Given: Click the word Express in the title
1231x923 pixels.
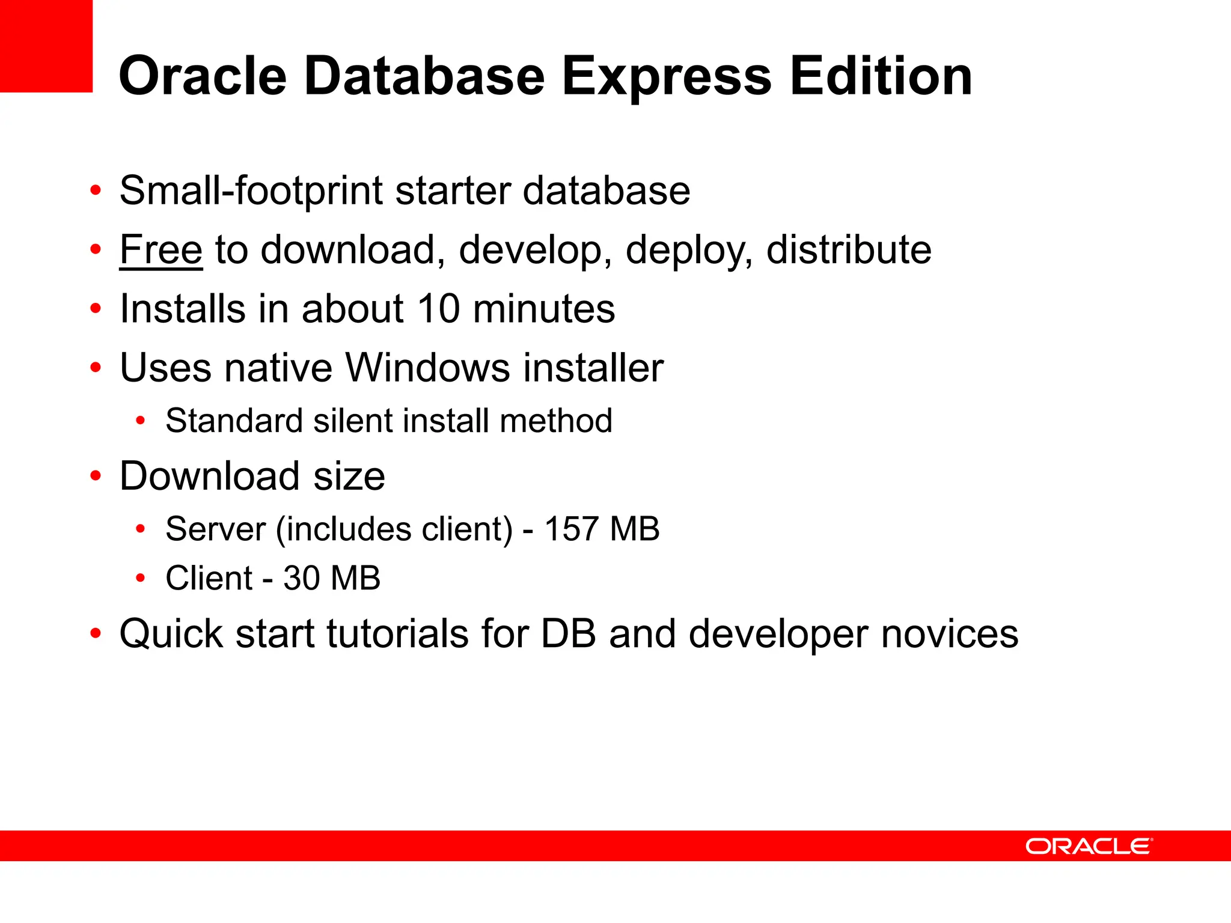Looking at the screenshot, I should click(x=666, y=77).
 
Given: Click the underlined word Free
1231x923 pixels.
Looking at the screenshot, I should click(x=160, y=249).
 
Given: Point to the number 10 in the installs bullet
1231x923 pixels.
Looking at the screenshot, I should click(x=438, y=309).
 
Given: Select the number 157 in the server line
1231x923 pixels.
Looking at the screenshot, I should click(x=571, y=529).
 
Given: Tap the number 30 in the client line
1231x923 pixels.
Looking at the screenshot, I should click(x=301, y=578).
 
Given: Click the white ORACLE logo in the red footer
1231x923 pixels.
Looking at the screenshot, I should click(x=1089, y=846).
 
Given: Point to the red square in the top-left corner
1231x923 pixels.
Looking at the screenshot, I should click(x=46, y=46).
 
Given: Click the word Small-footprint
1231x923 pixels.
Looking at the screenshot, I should click(x=251, y=190).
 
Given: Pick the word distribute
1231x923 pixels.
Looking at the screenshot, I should click(x=849, y=249).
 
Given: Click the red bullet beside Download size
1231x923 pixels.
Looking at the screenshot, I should click(x=96, y=476).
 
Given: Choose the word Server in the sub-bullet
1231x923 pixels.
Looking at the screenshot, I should click(x=215, y=529).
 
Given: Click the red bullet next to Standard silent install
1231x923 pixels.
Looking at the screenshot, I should click(x=141, y=421).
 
